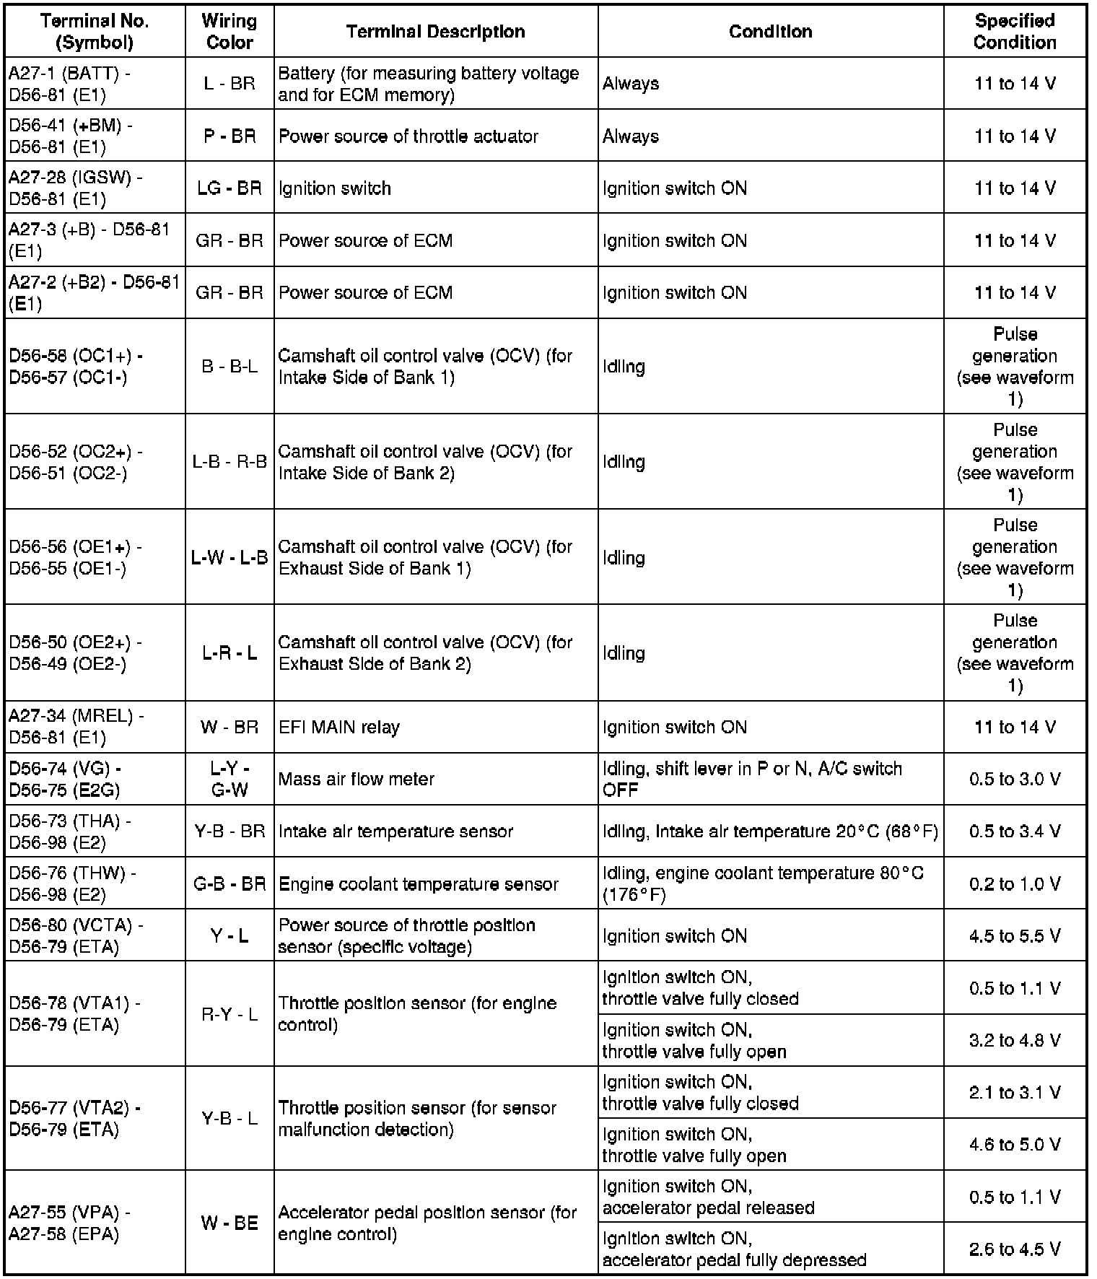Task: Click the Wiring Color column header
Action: point(230,32)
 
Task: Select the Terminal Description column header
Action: point(435,32)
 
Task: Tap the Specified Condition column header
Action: point(1014,32)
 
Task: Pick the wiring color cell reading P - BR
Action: point(230,136)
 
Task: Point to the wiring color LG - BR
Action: point(230,188)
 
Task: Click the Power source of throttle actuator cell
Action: point(408,136)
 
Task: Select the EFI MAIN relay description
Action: point(338,727)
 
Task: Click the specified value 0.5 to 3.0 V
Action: point(1014,779)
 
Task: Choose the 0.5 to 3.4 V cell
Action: point(1014,831)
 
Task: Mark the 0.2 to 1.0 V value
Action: point(1014,883)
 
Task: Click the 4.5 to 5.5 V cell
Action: point(1014,936)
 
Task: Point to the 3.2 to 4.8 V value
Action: point(1014,1040)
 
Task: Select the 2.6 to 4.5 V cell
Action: point(1014,1249)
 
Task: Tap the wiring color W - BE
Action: point(230,1223)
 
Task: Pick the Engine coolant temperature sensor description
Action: point(418,883)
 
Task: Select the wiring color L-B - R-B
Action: point(230,462)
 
